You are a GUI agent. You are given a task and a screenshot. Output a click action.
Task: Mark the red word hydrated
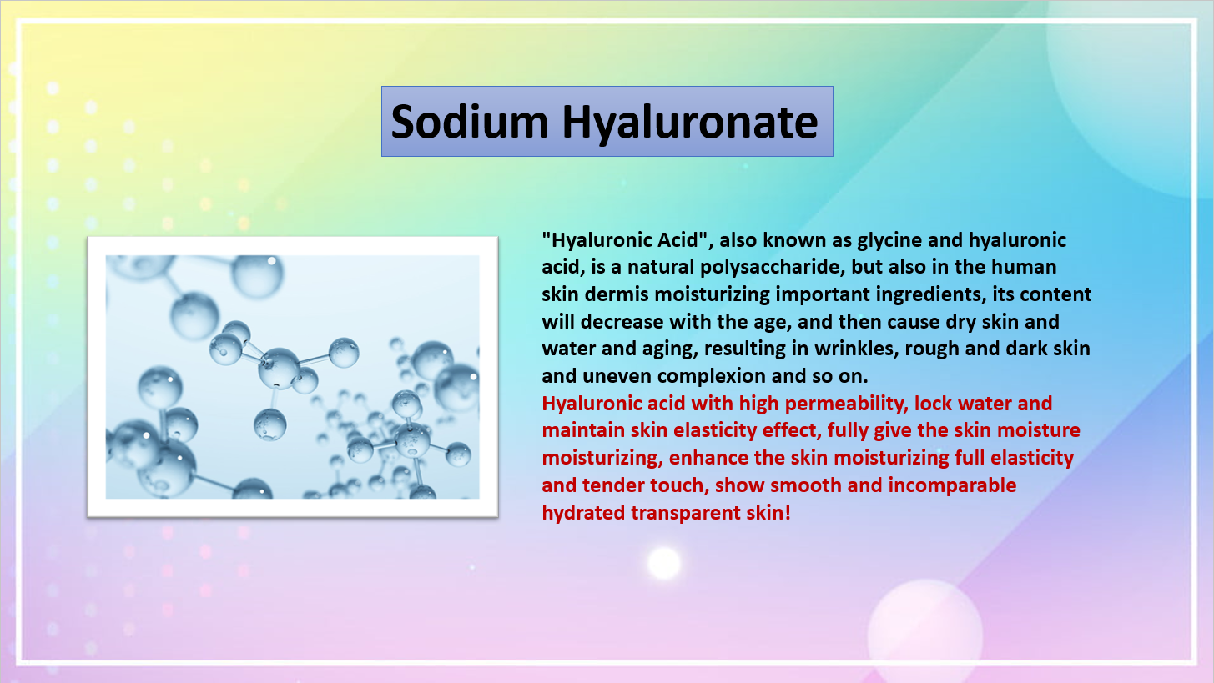(583, 512)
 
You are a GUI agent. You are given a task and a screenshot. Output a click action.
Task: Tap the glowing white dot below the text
(664, 563)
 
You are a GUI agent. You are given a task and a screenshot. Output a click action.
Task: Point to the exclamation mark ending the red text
(788, 512)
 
